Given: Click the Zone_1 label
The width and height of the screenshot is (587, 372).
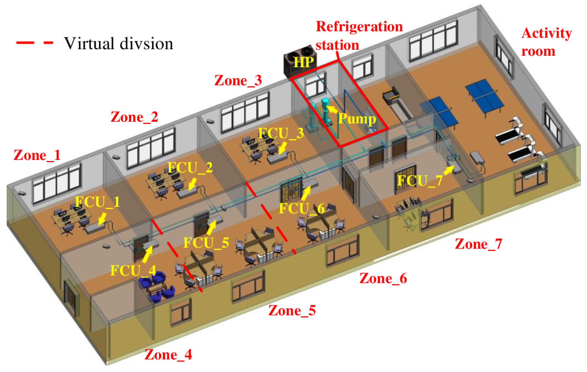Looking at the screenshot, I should click(37, 156).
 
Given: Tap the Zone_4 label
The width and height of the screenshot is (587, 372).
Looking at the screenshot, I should click(168, 355).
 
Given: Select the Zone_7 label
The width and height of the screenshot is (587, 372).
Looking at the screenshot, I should click(478, 244).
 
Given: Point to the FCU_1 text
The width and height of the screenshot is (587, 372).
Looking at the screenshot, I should click(98, 202).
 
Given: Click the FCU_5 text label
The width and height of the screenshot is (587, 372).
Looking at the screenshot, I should click(206, 243).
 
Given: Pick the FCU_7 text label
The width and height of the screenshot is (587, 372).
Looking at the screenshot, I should click(420, 181).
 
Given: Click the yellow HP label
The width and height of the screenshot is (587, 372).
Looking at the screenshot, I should click(304, 62).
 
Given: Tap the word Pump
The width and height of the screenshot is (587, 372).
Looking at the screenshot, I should click(357, 118).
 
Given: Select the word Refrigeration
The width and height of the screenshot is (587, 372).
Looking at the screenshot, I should click(359, 27).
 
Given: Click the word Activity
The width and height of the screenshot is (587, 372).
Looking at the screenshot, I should click(547, 33).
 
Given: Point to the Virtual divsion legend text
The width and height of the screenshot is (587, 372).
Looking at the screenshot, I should click(118, 44).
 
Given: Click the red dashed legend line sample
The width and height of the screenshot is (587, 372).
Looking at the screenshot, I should click(34, 43).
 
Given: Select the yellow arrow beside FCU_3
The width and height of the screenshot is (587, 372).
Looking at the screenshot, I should click(283, 148).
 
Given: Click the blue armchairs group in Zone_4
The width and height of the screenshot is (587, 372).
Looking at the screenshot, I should click(156, 287).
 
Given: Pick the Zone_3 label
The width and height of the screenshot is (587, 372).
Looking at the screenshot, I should click(238, 81).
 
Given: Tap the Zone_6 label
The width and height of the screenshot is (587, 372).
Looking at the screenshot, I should click(383, 278).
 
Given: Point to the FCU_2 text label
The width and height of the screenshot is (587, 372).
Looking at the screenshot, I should click(190, 168).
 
